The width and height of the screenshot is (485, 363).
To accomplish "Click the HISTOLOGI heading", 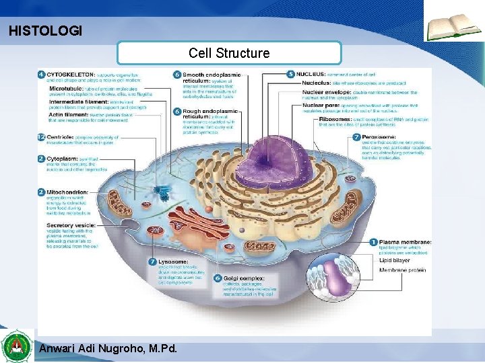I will [x=45, y=31].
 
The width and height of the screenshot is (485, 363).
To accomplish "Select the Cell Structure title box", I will [x=229, y=53].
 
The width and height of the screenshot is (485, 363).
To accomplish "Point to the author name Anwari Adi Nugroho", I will [x=108, y=348].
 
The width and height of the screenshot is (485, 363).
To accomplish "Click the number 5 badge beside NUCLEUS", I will [x=290, y=74].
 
